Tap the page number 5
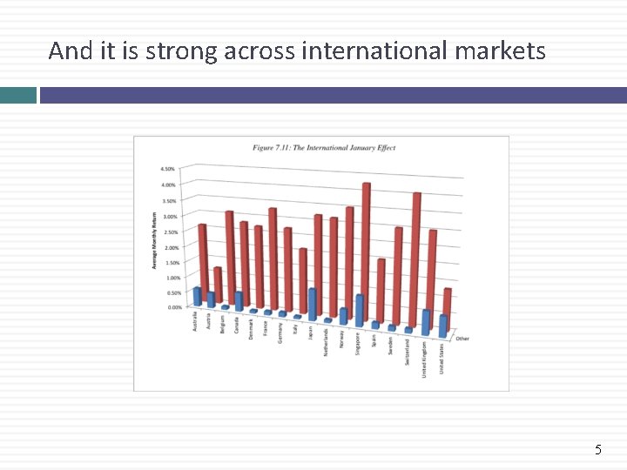pos(598,450)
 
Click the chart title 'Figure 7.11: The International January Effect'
pos(324,148)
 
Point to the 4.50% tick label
pos(167,169)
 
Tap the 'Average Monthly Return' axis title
pos(155,239)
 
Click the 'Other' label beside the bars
pos(462,339)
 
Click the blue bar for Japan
pos(313,303)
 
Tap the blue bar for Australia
pos(198,296)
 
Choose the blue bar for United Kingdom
pos(426,322)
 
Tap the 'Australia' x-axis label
pos(195,320)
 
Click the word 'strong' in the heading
pos(182,51)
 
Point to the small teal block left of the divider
pos(18,95)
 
